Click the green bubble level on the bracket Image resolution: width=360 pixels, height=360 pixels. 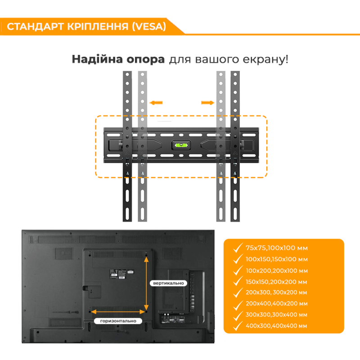tap(181, 145)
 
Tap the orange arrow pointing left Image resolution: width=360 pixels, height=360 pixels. tap(156, 103)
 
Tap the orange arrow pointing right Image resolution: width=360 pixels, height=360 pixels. tap(207, 103)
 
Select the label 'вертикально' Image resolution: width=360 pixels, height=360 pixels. tap(168, 283)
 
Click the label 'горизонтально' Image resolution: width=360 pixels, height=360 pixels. tap(118, 321)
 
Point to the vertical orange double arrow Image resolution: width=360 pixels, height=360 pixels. tap(146, 284)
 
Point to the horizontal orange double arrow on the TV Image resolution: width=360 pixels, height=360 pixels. tap(118, 311)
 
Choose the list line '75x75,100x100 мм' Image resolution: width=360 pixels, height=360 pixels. tap(276, 248)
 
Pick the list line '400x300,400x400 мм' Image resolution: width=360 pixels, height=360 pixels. tap(276, 326)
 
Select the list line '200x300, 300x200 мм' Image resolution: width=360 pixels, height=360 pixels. tap(276, 292)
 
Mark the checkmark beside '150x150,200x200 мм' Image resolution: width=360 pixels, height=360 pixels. tap(238, 281)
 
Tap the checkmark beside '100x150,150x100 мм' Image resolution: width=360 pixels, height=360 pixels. tap(238, 258)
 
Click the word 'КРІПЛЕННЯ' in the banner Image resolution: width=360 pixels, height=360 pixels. tap(98, 27)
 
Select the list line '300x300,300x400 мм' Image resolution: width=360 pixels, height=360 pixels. tap(276, 315)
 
